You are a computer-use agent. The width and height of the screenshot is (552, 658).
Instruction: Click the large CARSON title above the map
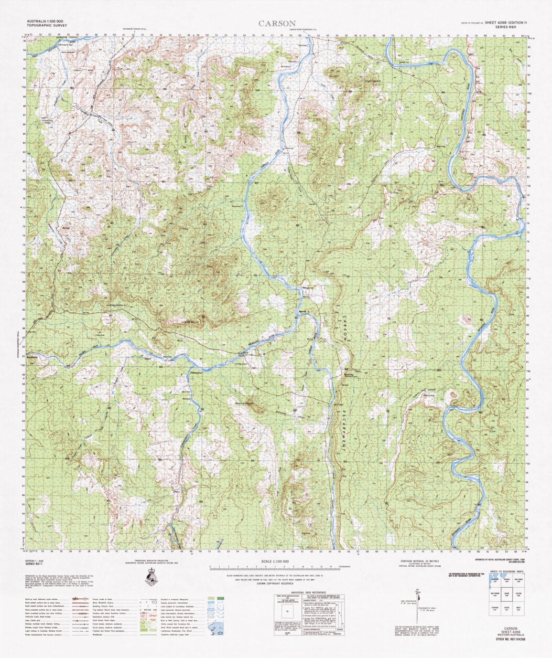click(x=277, y=24)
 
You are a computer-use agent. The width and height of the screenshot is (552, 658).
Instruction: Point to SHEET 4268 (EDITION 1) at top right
click(x=506, y=23)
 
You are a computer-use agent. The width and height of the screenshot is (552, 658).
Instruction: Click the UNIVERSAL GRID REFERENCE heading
click(x=308, y=591)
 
